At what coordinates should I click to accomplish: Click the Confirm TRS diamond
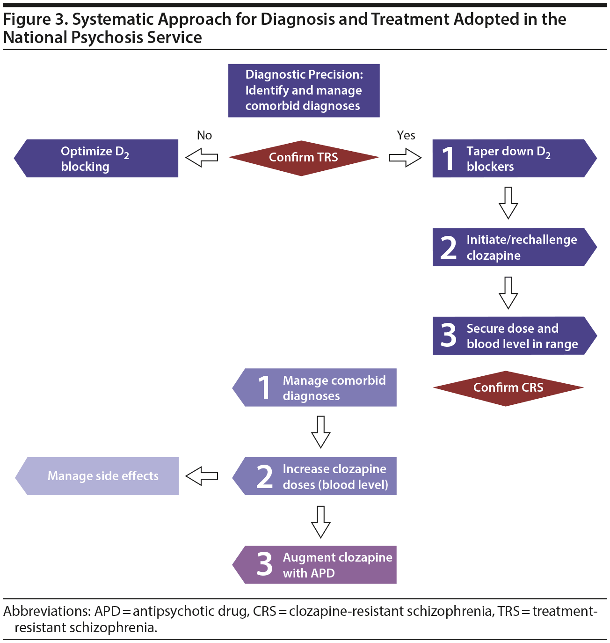(304, 158)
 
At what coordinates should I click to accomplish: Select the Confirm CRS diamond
(508, 388)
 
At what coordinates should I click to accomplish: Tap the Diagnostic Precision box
(304, 90)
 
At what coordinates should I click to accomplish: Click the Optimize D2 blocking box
(96, 158)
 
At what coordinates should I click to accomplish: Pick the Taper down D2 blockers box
(514, 158)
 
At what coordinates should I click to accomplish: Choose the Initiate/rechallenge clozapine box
(514, 247)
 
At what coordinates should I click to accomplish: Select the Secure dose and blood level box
(514, 336)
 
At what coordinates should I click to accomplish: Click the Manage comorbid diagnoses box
(315, 387)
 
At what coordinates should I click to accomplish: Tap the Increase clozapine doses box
(315, 476)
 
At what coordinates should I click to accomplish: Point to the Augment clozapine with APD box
(315, 565)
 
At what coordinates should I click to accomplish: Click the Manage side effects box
(97, 476)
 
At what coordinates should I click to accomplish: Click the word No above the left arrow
(204, 135)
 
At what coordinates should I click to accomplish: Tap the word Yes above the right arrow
(406, 135)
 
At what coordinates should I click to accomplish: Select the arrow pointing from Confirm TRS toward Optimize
(202, 158)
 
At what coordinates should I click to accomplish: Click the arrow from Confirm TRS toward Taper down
(405, 158)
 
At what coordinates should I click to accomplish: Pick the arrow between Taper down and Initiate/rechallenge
(508, 203)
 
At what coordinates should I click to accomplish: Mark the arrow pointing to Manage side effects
(202, 476)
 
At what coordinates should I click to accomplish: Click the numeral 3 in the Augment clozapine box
(265, 564)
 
